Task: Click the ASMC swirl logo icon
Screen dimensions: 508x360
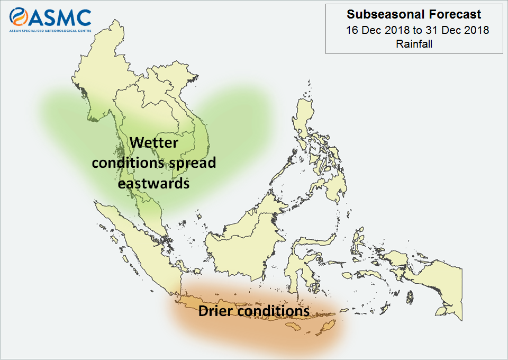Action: click(19, 17)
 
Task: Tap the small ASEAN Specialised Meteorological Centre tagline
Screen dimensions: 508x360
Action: click(50, 31)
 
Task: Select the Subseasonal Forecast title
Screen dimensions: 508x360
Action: click(414, 14)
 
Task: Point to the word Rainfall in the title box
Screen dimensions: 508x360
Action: click(414, 44)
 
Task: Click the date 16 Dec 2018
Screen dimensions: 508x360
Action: click(378, 30)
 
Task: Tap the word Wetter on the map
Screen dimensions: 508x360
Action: click(154, 142)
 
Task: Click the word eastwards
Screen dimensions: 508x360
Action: click(153, 183)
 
